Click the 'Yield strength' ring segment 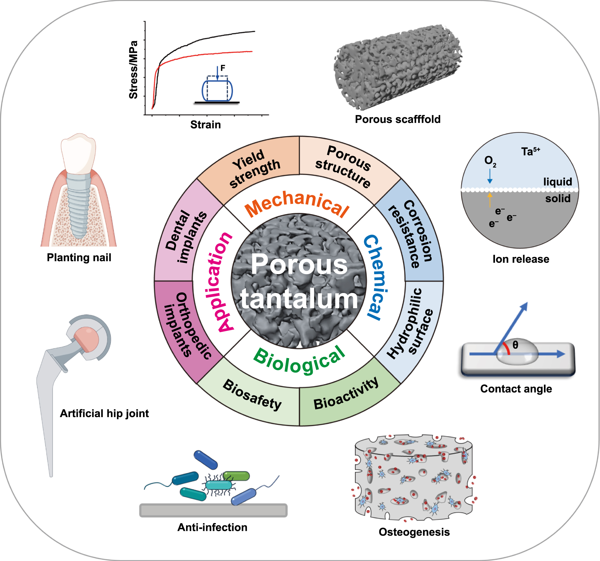255,169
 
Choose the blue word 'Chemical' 376,277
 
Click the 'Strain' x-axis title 205,125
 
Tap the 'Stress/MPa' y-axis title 133,70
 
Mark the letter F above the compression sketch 223,68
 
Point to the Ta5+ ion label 530,151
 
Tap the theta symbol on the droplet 515,345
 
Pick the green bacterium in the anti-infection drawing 237,476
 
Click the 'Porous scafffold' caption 398,119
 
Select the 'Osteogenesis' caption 414,532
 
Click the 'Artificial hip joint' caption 104,414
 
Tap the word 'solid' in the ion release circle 558,198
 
